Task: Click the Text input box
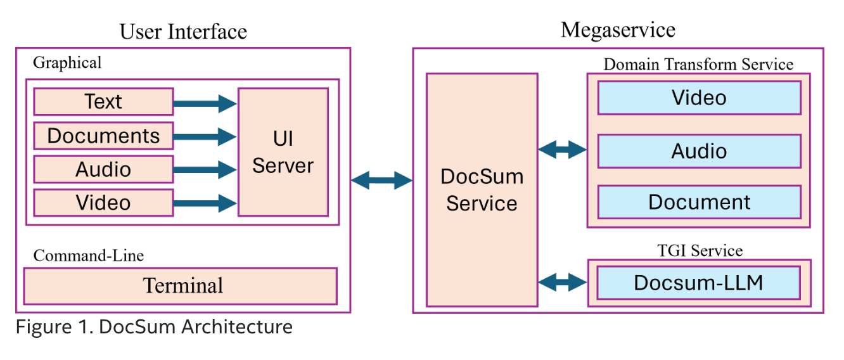pyautogui.click(x=103, y=101)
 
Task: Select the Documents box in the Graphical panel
pyautogui.click(x=103, y=136)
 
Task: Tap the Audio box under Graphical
pyautogui.click(x=103, y=169)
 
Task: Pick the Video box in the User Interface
pyautogui.click(x=103, y=203)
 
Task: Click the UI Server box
pyautogui.click(x=283, y=152)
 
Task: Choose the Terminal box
pyautogui.click(x=181, y=285)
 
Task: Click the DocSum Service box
pyautogui.click(x=482, y=190)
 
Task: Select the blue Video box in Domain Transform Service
pyautogui.click(x=699, y=98)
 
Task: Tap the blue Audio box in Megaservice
pyautogui.click(x=699, y=151)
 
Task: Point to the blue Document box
pyautogui.click(x=699, y=202)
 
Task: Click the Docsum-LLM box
pyautogui.click(x=699, y=282)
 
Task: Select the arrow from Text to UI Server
pyautogui.click(x=205, y=103)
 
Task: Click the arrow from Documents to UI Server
pyautogui.click(x=205, y=136)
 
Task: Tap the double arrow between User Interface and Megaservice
pyautogui.click(x=381, y=180)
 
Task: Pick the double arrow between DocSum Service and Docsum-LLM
pyautogui.click(x=562, y=281)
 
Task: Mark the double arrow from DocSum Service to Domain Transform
pyautogui.click(x=562, y=150)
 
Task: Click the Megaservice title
pyautogui.click(x=618, y=30)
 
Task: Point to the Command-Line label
pyautogui.click(x=89, y=255)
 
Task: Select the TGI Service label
pyautogui.click(x=700, y=250)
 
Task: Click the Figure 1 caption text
pyautogui.click(x=154, y=327)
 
